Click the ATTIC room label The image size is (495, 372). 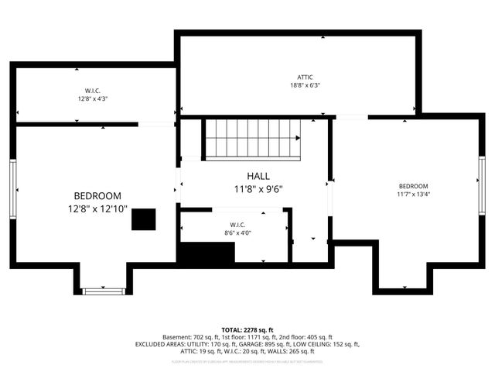[305, 77]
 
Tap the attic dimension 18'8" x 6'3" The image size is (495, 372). [305, 85]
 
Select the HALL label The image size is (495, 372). [259, 176]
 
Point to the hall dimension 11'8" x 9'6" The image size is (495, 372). [259, 188]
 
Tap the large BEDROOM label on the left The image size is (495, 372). [97, 196]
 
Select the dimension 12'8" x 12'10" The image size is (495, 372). [97, 209]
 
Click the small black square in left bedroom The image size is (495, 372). [143, 219]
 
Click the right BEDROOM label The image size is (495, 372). [413, 186]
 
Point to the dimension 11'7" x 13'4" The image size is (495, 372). [413, 195]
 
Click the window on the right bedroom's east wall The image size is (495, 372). [481, 186]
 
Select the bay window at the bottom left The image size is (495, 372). [104, 291]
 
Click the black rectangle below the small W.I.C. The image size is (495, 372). [207, 253]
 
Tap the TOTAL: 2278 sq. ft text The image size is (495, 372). [247, 329]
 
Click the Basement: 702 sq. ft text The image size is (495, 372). [190, 337]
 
